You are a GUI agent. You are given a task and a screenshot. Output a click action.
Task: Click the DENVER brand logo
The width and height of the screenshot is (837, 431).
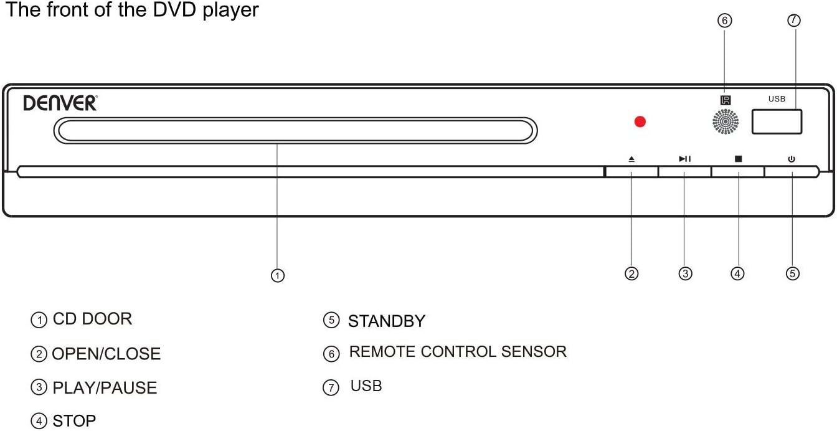tap(60, 103)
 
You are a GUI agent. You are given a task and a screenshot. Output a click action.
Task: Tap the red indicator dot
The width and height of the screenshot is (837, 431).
tap(640, 121)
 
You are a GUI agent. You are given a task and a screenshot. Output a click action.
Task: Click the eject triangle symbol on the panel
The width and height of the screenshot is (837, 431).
tap(631, 159)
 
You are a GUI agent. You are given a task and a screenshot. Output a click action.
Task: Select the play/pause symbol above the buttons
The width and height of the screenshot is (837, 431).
tap(684, 159)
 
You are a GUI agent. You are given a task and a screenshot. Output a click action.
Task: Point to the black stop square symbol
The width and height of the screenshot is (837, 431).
tap(738, 159)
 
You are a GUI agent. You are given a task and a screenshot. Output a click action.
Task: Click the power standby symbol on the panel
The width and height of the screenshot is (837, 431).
tap(791, 159)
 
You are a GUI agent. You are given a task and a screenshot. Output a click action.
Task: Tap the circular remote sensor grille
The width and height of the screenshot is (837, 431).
tap(726, 121)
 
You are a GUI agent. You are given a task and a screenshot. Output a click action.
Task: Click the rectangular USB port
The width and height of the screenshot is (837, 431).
tap(777, 121)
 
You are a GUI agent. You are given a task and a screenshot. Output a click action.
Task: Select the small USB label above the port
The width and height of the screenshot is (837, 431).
tap(777, 99)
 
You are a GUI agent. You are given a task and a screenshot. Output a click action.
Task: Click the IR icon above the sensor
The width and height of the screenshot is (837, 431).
tap(726, 100)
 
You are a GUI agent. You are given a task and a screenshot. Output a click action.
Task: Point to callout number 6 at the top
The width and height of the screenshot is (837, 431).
tap(724, 21)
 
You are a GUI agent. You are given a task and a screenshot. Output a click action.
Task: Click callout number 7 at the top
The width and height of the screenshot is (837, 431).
tap(793, 20)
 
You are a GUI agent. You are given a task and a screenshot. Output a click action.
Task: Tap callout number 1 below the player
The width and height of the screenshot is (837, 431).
tap(277, 276)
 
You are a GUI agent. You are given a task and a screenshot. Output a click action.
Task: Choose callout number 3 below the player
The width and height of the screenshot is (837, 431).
tap(685, 273)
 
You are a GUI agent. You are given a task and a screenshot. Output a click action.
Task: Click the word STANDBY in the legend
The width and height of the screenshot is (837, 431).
tap(386, 321)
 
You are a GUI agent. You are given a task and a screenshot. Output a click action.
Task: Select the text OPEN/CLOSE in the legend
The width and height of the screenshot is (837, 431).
tap(106, 354)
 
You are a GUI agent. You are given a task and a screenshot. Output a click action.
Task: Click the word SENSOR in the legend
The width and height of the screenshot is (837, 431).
tap(534, 352)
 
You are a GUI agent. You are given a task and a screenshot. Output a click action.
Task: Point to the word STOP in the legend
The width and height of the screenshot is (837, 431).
tap(74, 421)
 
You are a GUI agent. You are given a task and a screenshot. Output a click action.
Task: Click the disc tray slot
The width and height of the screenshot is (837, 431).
tap(295, 130)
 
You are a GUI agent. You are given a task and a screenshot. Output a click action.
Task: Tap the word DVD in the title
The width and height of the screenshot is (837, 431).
tap(174, 9)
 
